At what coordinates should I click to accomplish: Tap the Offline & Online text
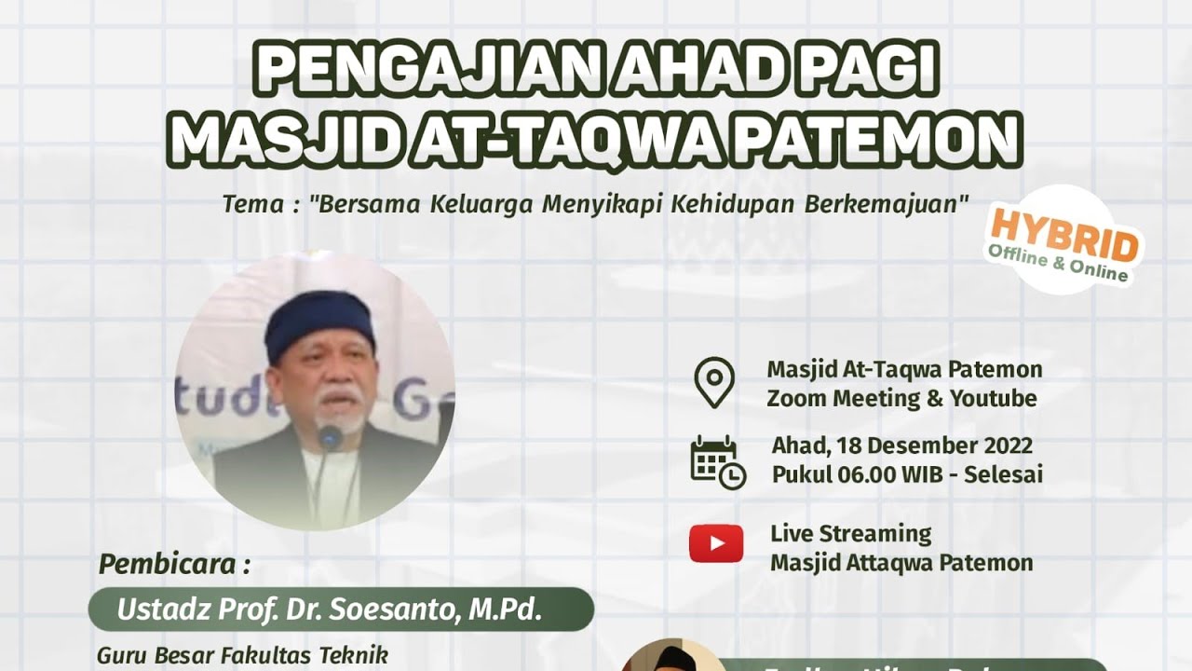coord(1058,264)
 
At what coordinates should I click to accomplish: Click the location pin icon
coord(714,383)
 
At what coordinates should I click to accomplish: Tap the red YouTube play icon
coord(716,543)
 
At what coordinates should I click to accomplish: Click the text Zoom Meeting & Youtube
coord(901,399)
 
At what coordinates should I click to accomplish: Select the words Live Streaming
coord(850,534)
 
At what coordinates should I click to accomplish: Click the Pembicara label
coord(174,565)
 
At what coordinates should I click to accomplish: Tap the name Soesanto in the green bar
coord(404,610)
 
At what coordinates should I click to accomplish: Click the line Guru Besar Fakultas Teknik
coord(241,655)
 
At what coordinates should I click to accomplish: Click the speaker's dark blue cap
coord(319,321)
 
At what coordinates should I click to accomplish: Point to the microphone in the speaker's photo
coord(330,436)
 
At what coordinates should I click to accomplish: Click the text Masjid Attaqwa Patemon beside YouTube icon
coord(901,563)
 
